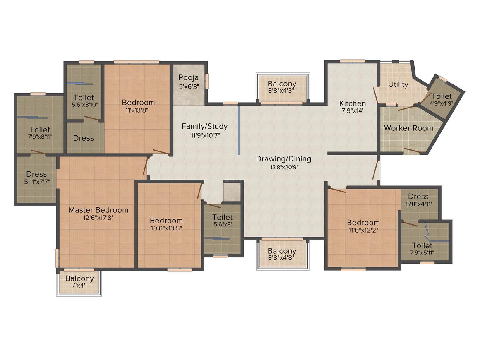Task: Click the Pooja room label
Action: click(x=189, y=82)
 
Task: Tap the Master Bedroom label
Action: click(x=98, y=214)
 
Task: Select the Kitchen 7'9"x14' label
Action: click(x=353, y=107)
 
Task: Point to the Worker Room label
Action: click(x=408, y=128)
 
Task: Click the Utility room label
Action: click(x=398, y=84)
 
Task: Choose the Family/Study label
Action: click(x=204, y=130)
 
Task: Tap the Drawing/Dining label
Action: click(x=283, y=163)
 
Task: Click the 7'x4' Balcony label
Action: click(x=79, y=282)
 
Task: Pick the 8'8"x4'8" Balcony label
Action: click(x=282, y=255)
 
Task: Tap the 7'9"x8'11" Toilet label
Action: click(x=40, y=133)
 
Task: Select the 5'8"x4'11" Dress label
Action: click(x=418, y=200)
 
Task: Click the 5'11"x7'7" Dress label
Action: click(x=36, y=178)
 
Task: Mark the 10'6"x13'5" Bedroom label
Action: click(x=166, y=224)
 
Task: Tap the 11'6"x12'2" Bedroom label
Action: click(x=363, y=226)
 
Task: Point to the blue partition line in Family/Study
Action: click(x=239, y=130)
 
